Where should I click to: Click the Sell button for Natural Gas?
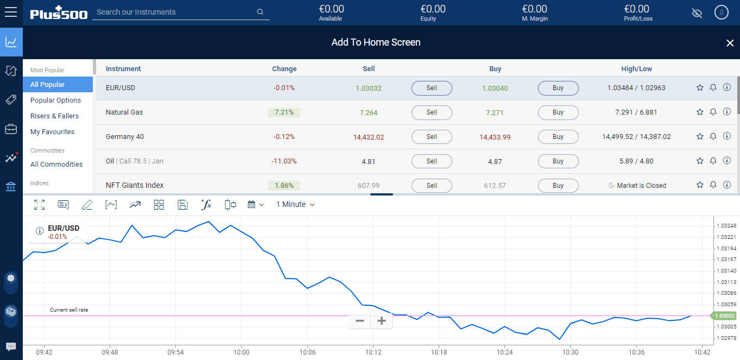(x=432, y=112)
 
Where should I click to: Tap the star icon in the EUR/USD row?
(x=700, y=87)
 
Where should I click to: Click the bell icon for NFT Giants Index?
(x=713, y=185)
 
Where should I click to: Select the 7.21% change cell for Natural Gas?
(x=284, y=112)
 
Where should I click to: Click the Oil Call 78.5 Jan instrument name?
(x=134, y=161)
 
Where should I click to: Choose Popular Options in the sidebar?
(x=55, y=100)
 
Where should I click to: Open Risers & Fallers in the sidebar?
(x=54, y=116)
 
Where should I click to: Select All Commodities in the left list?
(x=56, y=165)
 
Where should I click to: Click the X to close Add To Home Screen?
(x=730, y=43)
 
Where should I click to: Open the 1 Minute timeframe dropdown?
(x=295, y=205)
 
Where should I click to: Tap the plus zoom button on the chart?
(x=382, y=321)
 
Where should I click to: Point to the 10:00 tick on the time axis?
(x=241, y=352)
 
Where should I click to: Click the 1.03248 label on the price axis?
(x=726, y=226)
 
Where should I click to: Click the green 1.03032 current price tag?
(x=724, y=316)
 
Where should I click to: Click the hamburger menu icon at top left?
(x=11, y=12)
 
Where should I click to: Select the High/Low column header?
(x=636, y=69)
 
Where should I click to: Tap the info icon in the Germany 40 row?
(x=727, y=136)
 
